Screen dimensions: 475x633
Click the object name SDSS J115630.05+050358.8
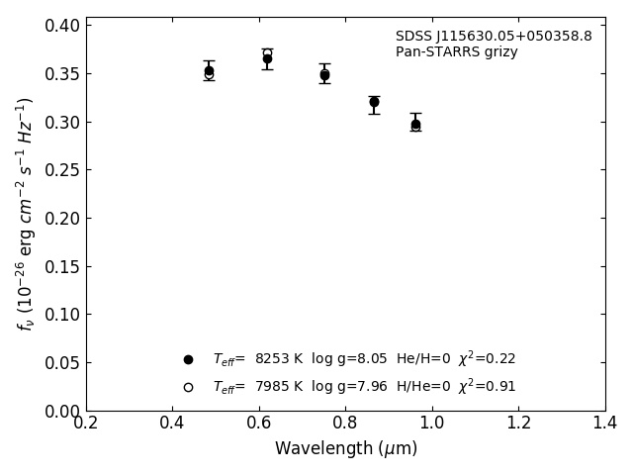[x=494, y=37]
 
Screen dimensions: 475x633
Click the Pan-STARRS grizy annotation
[x=456, y=52]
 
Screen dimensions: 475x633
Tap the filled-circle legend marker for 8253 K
[x=188, y=359]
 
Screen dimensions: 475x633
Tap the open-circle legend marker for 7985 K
[x=188, y=387]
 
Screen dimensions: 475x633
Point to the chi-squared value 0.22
[x=487, y=358]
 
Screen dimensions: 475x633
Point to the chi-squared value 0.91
[x=487, y=386]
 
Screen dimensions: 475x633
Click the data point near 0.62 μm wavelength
[x=267, y=58]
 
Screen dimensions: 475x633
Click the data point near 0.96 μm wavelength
[x=415, y=124]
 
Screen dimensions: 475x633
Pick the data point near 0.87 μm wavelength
[x=374, y=102]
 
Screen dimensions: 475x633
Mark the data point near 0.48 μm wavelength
[x=209, y=71]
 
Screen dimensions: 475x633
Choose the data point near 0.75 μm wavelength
[x=324, y=74]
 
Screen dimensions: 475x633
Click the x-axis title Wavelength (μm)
[x=345, y=449]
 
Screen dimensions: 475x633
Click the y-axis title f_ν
[x=26, y=213]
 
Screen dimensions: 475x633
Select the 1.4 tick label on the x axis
[x=604, y=424]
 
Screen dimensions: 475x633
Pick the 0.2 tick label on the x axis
[x=86, y=424]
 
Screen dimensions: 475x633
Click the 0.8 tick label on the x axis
[x=345, y=424]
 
